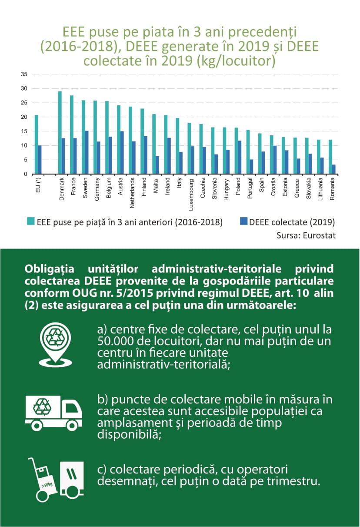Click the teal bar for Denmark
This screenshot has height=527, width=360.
tap(60, 133)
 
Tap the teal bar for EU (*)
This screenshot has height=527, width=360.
tap(36, 144)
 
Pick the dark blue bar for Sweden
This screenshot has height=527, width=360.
tap(87, 152)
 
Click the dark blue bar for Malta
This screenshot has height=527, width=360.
tap(157, 165)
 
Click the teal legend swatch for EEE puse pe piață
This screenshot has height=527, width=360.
tap(30, 222)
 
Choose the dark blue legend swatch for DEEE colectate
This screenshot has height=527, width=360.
tap(243, 222)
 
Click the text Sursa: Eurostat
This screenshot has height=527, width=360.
tap(306, 235)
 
